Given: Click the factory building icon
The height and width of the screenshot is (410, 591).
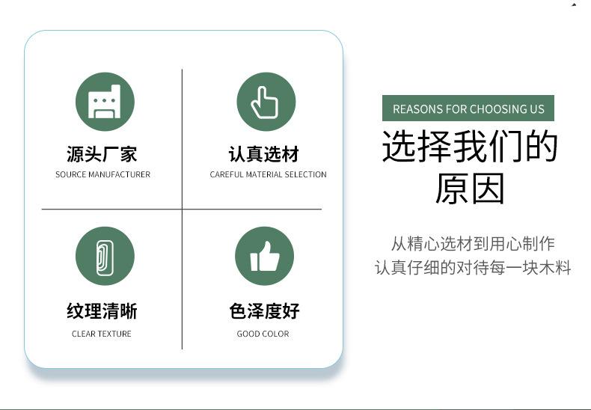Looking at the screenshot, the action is tap(105, 102).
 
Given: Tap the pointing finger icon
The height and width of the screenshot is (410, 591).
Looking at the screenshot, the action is tap(265, 102).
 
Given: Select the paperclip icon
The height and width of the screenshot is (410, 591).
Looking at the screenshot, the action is tap(105, 257).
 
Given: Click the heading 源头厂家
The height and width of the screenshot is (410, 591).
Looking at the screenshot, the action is tap(102, 154).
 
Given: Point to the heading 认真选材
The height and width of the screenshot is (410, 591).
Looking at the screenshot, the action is tap(264, 154).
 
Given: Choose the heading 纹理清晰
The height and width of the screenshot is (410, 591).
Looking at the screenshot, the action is tap(102, 311).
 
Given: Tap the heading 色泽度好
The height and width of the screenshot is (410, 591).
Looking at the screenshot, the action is tap(264, 311).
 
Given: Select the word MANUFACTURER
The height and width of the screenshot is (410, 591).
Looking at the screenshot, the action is tap(119, 174).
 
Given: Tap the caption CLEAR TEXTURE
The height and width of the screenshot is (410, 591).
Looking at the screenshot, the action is tap(102, 334).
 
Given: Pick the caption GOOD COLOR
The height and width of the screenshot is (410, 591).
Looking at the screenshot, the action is tap(263, 334).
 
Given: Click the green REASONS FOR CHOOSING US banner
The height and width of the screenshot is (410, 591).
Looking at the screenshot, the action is tap(468, 108).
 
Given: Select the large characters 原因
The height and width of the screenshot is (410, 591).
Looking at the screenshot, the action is tap(470, 189).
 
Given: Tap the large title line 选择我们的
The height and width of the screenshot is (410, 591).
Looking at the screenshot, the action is tap(470, 145).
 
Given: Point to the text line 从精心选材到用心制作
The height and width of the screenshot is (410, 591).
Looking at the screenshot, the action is tap(473, 243).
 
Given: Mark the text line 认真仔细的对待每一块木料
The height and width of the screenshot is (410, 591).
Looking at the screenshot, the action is tap(473, 267).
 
